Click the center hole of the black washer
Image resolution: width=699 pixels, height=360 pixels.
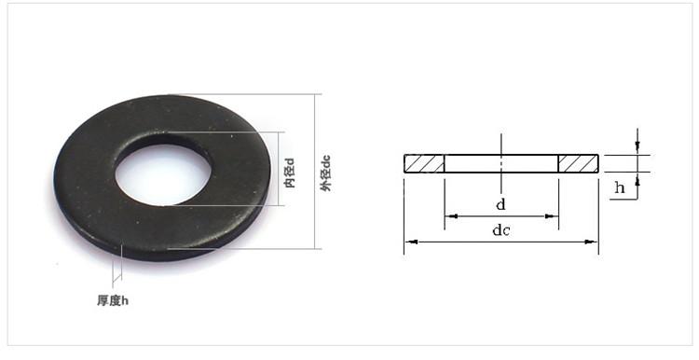(163, 174)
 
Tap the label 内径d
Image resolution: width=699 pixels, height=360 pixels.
(290, 173)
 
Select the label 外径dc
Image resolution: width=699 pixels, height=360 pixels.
(326, 173)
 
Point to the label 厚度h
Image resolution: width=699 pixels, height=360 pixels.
(113, 300)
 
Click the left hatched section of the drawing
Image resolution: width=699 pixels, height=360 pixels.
(424, 164)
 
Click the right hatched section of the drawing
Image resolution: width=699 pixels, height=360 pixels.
(579, 164)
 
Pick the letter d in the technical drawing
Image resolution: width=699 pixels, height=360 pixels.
(501, 205)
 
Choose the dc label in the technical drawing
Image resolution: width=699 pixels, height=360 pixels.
(501, 230)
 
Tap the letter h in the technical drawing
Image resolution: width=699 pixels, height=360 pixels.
(620, 187)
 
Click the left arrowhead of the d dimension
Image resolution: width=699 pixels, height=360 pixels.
(451, 216)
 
